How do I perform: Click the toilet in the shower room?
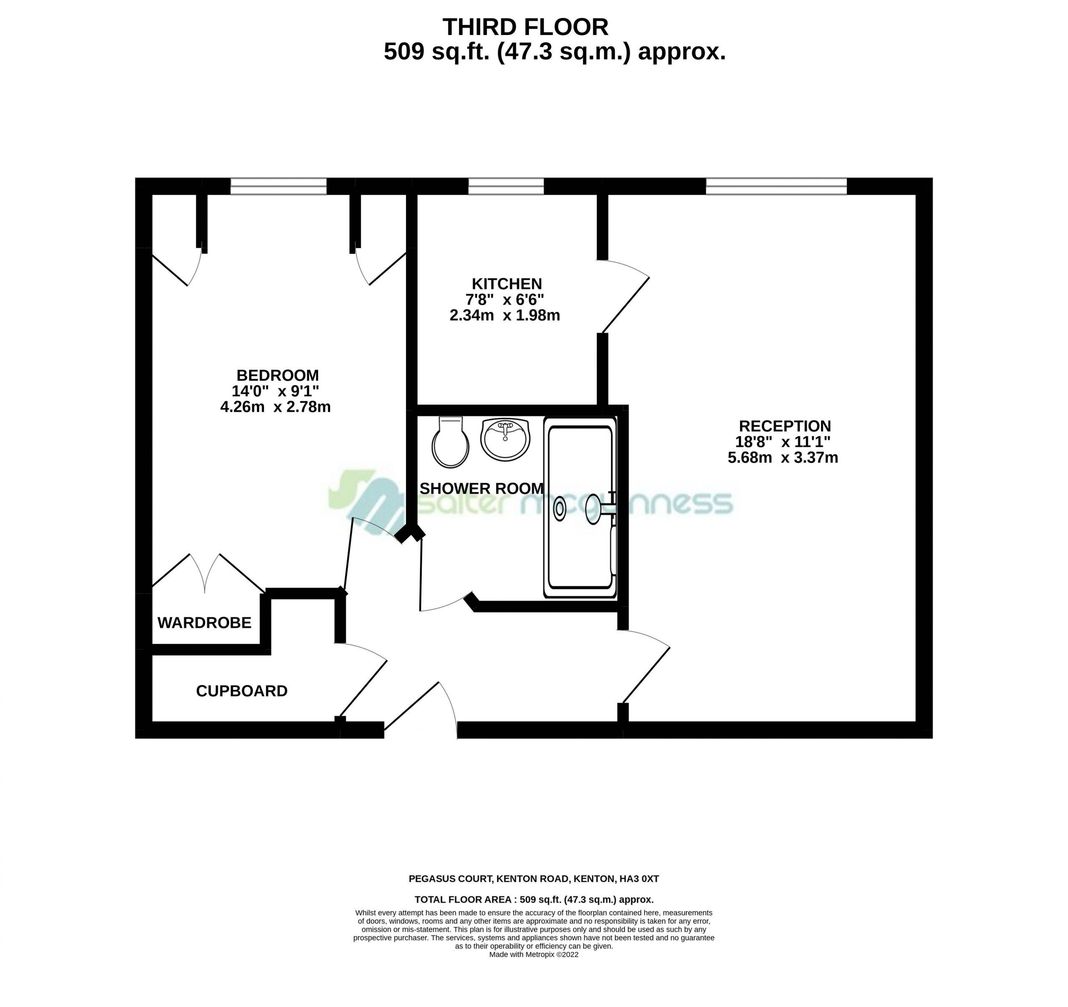point(450,442)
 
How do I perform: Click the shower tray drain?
point(559,508)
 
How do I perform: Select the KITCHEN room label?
point(506,284)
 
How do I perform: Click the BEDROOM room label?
point(278,375)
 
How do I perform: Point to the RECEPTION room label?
point(785,426)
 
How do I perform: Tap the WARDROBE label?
point(204,623)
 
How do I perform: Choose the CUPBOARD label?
point(242,691)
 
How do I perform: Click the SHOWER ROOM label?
point(481,488)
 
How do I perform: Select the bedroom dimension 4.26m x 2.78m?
point(276,407)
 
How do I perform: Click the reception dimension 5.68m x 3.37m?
point(783,457)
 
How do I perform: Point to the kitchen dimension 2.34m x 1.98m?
point(505,315)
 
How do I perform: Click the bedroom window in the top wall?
point(278,186)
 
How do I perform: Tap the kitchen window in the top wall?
point(506,186)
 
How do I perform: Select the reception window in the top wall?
point(776,186)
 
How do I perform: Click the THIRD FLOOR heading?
point(525,27)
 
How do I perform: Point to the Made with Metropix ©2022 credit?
point(534,954)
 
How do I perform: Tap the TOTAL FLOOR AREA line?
point(534,899)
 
